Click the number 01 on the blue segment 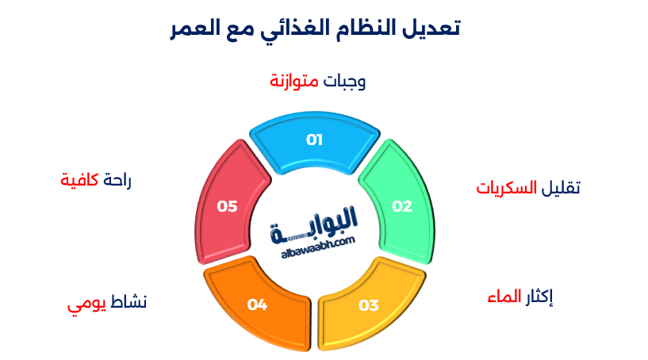[x=315, y=140]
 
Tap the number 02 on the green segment [x=403, y=206]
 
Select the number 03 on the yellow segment [x=369, y=304]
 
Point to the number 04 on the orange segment [x=257, y=304]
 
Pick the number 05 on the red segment [x=228, y=206]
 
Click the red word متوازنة [x=293, y=81]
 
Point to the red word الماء [x=504, y=297]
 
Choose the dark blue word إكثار [x=540, y=297]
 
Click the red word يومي [x=85, y=304]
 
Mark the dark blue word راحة [x=117, y=180]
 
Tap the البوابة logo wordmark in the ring [x=317, y=224]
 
